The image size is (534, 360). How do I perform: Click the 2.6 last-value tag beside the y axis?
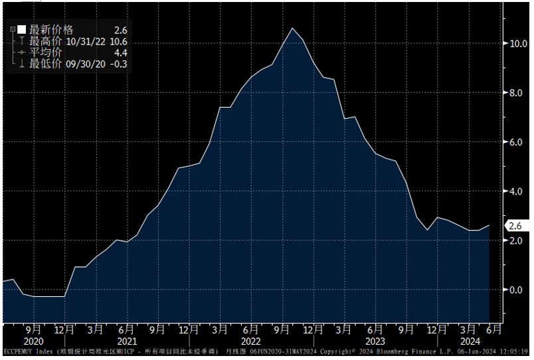click(515, 226)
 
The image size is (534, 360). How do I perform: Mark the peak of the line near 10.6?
click(292, 28)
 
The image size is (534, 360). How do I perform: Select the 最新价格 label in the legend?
click(51, 30)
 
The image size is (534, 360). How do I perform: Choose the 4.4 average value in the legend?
click(120, 52)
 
